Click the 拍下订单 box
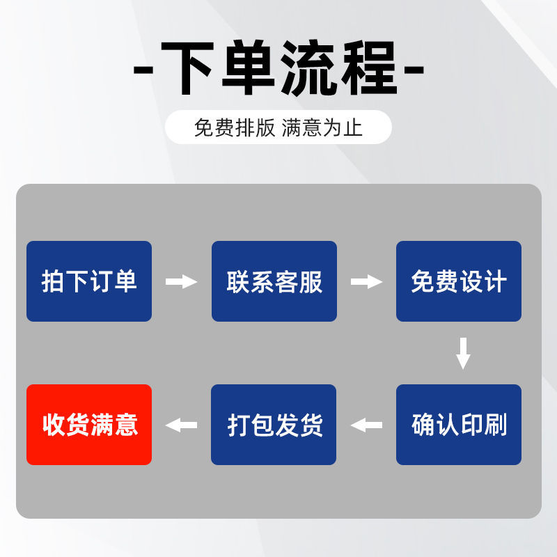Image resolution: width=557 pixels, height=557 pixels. (x=89, y=281)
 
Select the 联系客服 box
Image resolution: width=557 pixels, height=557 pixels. (x=274, y=281)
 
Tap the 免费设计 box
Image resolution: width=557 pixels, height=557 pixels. (x=459, y=281)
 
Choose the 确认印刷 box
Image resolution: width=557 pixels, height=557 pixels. (x=459, y=425)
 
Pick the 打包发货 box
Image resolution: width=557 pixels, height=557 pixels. (x=274, y=425)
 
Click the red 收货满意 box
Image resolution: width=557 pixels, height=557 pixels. (x=89, y=425)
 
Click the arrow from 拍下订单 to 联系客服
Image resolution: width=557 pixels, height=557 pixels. (x=182, y=282)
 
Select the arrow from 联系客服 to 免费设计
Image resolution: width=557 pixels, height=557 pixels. (x=366, y=282)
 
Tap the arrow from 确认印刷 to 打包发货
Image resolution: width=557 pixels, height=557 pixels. (x=366, y=425)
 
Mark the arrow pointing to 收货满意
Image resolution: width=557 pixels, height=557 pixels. (x=181, y=425)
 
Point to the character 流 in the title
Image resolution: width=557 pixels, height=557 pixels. (x=309, y=69)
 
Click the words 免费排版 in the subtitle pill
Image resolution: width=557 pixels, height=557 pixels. (x=235, y=128)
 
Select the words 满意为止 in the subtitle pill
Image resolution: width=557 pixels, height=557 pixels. (x=322, y=128)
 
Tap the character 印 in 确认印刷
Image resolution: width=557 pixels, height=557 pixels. (x=471, y=425)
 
